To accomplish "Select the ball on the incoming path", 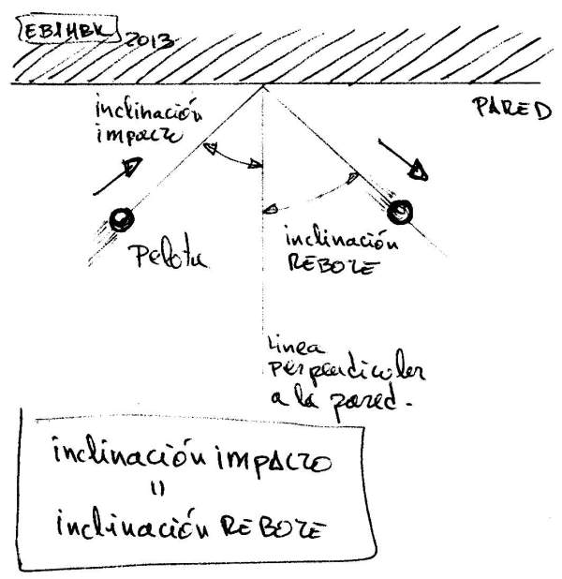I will [121, 219].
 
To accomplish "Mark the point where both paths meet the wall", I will [263, 86].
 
